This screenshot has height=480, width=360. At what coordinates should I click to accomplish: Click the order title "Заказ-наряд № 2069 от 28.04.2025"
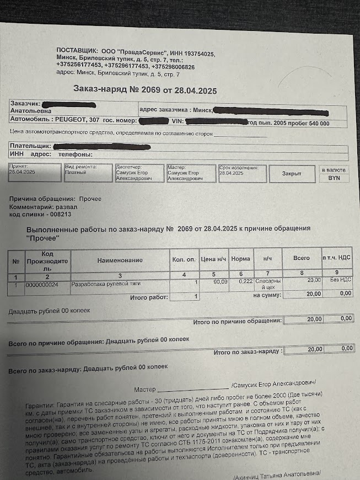(x=145, y=90)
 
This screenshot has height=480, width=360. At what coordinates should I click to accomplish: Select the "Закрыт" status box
(x=292, y=173)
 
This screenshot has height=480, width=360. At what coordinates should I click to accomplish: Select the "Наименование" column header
(x=120, y=260)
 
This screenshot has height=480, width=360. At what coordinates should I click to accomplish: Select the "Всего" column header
(x=301, y=258)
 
